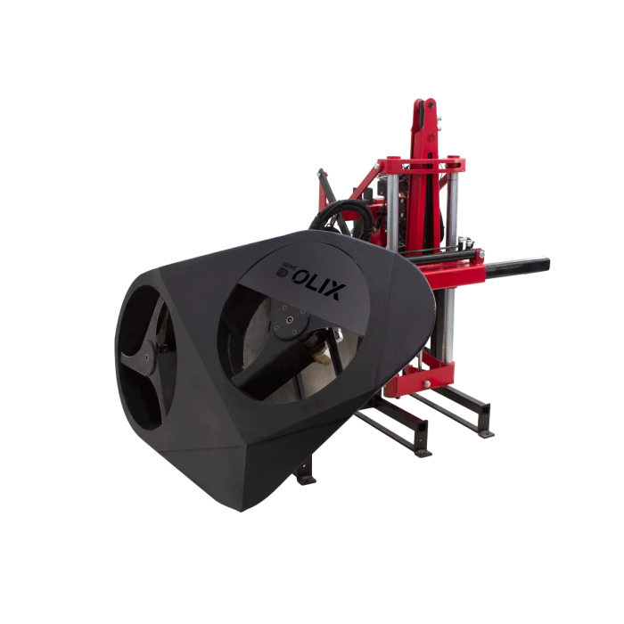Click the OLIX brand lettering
[x=316, y=283]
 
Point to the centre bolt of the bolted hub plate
[x=290, y=319]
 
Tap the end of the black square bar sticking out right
[x=546, y=264]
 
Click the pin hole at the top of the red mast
[x=431, y=105]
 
